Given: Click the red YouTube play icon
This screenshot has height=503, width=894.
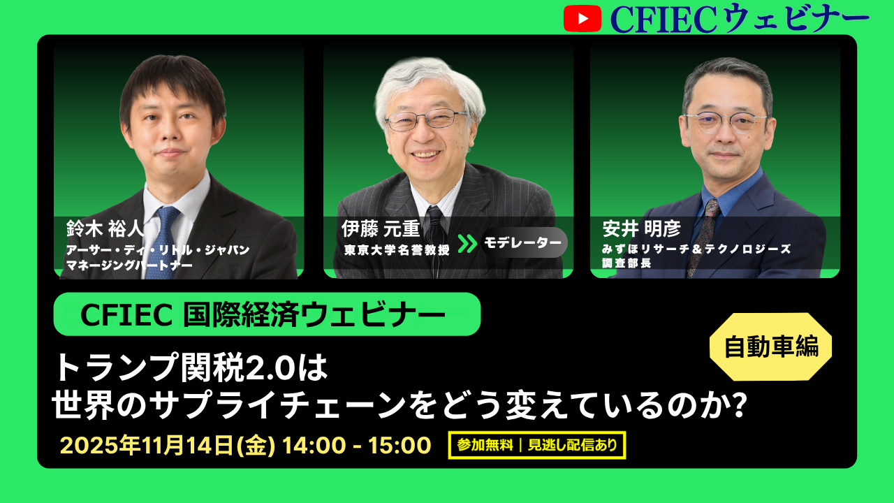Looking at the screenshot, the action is pyautogui.click(x=582, y=18).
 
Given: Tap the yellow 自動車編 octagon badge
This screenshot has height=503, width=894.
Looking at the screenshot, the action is pyautogui.click(x=770, y=347).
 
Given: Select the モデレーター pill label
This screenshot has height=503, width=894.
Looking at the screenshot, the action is pyautogui.click(x=524, y=242).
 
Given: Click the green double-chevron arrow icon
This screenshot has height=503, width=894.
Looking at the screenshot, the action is pyautogui.click(x=467, y=244).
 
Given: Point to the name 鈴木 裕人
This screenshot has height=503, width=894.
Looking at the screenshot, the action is pyautogui.click(x=105, y=228).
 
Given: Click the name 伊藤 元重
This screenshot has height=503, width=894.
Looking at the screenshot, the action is pyautogui.click(x=381, y=228).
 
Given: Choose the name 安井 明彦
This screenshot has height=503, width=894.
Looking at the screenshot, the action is pyautogui.click(x=642, y=228).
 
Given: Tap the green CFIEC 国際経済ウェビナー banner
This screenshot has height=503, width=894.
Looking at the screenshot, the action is pyautogui.click(x=267, y=314).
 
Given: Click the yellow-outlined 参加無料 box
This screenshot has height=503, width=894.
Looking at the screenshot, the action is pyautogui.click(x=537, y=445).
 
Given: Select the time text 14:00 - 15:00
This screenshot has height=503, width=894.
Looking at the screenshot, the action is pyautogui.click(x=357, y=445).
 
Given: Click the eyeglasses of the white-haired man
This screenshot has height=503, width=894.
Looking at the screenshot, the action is pyautogui.click(x=426, y=119).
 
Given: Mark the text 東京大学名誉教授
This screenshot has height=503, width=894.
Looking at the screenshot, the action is pyautogui.click(x=397, y=250).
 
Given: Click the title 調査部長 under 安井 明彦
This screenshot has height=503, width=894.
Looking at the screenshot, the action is pyautogui.click(x=626, y=263).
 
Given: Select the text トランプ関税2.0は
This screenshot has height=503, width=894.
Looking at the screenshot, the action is pyautogui.click(x=190, y=367).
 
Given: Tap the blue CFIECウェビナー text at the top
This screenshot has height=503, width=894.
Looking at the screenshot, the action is pyautogui.click(x=740, y=18).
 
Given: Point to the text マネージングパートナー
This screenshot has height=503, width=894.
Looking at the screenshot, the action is pyautogui.click(x=129, y=265).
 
